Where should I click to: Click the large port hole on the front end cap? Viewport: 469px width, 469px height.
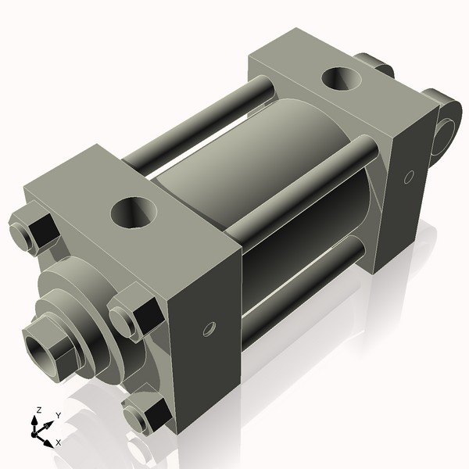tap(134, 212)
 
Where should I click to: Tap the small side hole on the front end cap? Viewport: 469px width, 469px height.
tap(209, 328)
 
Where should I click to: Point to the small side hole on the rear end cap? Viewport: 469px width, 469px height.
tap(408, 178)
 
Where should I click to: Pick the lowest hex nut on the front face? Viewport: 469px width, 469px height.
tap(147, 415)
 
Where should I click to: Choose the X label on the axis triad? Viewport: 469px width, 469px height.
tap(58, 442)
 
